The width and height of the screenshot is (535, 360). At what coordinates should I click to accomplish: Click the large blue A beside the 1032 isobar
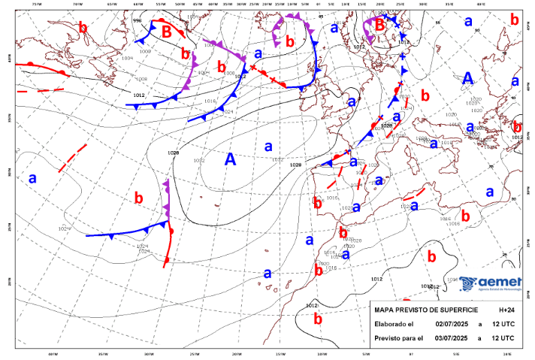click(231, 159)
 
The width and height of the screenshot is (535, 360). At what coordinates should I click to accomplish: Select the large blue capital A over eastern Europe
click(467, 78)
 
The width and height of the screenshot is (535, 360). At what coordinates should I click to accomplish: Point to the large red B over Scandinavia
click(380, 25)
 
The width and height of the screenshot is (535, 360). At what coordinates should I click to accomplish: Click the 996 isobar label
click(137, 20)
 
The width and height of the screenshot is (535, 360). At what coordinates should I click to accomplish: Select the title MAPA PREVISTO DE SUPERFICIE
click(426, 310)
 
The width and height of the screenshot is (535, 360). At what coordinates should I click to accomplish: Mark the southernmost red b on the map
click(318, 319)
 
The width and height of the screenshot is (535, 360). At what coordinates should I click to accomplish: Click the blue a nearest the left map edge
click(32, 179)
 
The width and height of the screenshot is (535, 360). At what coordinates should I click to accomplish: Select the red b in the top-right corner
click(514, 19)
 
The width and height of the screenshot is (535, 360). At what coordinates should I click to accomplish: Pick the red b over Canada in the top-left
click(83, 27)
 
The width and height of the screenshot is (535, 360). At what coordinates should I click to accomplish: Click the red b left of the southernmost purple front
click(138, 198)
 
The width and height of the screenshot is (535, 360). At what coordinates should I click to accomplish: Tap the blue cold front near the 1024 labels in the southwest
click(124, 231)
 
